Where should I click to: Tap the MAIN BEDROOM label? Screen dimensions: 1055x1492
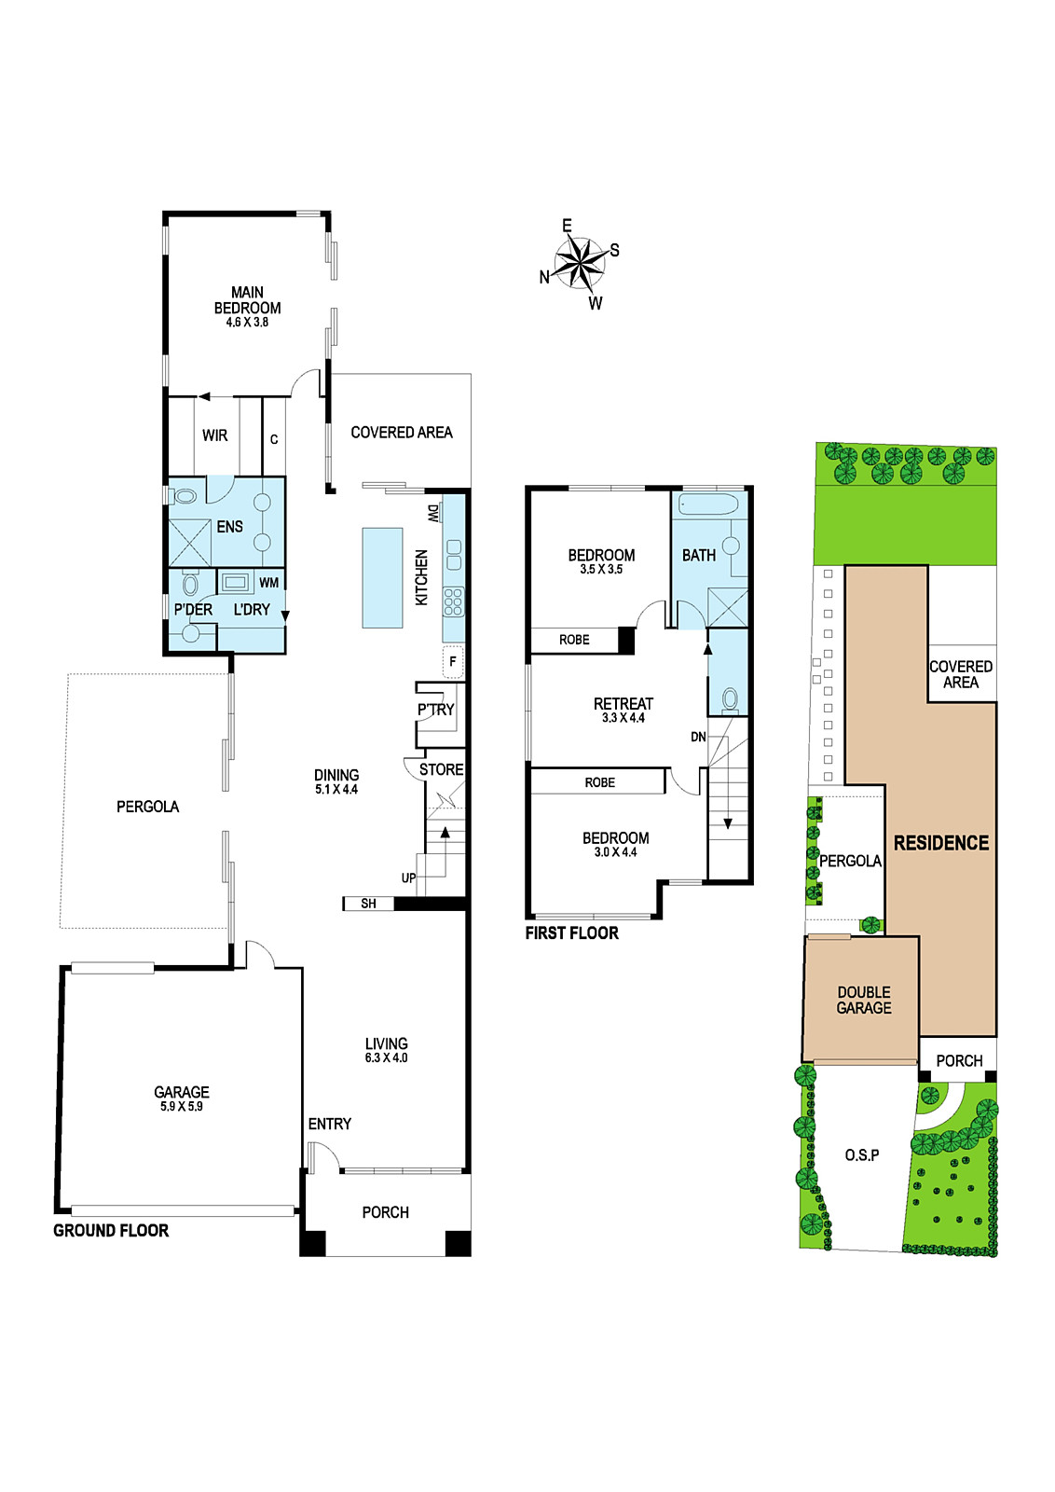tap(247, 300)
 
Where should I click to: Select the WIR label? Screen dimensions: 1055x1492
tap(215, 435)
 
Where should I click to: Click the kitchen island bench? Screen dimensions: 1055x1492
tap(383, 577)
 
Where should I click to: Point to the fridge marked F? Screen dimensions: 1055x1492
tap(453, 662)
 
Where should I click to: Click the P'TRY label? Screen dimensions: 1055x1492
tap(436, 710)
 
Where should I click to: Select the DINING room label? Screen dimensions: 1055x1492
tap(336, 775)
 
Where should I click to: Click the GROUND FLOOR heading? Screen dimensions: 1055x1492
tap(111, 1231)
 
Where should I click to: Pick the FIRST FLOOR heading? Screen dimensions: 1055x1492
tap(572, 933)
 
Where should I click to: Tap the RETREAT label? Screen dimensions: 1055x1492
tap(623, 703)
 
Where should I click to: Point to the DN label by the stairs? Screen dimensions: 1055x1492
tap(698, 738)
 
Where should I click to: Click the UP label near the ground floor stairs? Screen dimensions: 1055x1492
tap(409, 878)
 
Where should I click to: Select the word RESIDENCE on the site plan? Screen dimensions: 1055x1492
tap(941, 843)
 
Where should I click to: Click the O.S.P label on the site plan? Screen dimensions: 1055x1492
tap(862, 1155)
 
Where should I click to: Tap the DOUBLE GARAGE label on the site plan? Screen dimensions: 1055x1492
tap(864, 1000)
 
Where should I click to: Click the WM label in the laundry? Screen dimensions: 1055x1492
tap(269, 583)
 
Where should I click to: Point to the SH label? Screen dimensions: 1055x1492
tap(369, 904)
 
